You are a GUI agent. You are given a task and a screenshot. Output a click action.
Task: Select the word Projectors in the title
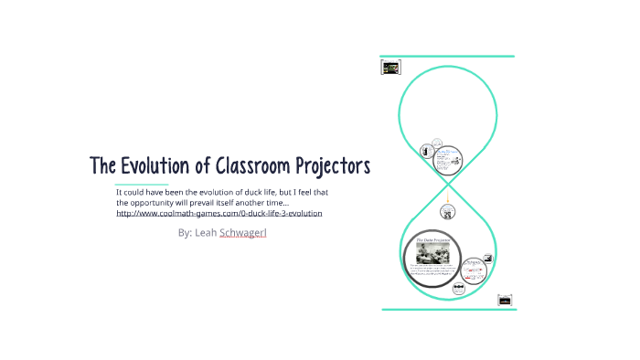tap(333, 166)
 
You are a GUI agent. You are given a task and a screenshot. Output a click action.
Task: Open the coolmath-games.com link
tap(219, 213)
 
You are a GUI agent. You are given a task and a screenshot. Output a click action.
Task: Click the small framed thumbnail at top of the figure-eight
tap(390, 67)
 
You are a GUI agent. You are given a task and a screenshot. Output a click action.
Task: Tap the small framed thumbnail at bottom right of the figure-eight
tap(504, 300)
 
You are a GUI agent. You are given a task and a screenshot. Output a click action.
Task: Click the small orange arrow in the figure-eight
tap(447, 197)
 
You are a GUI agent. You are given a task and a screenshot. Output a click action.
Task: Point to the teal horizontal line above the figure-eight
tap(447, 57)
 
